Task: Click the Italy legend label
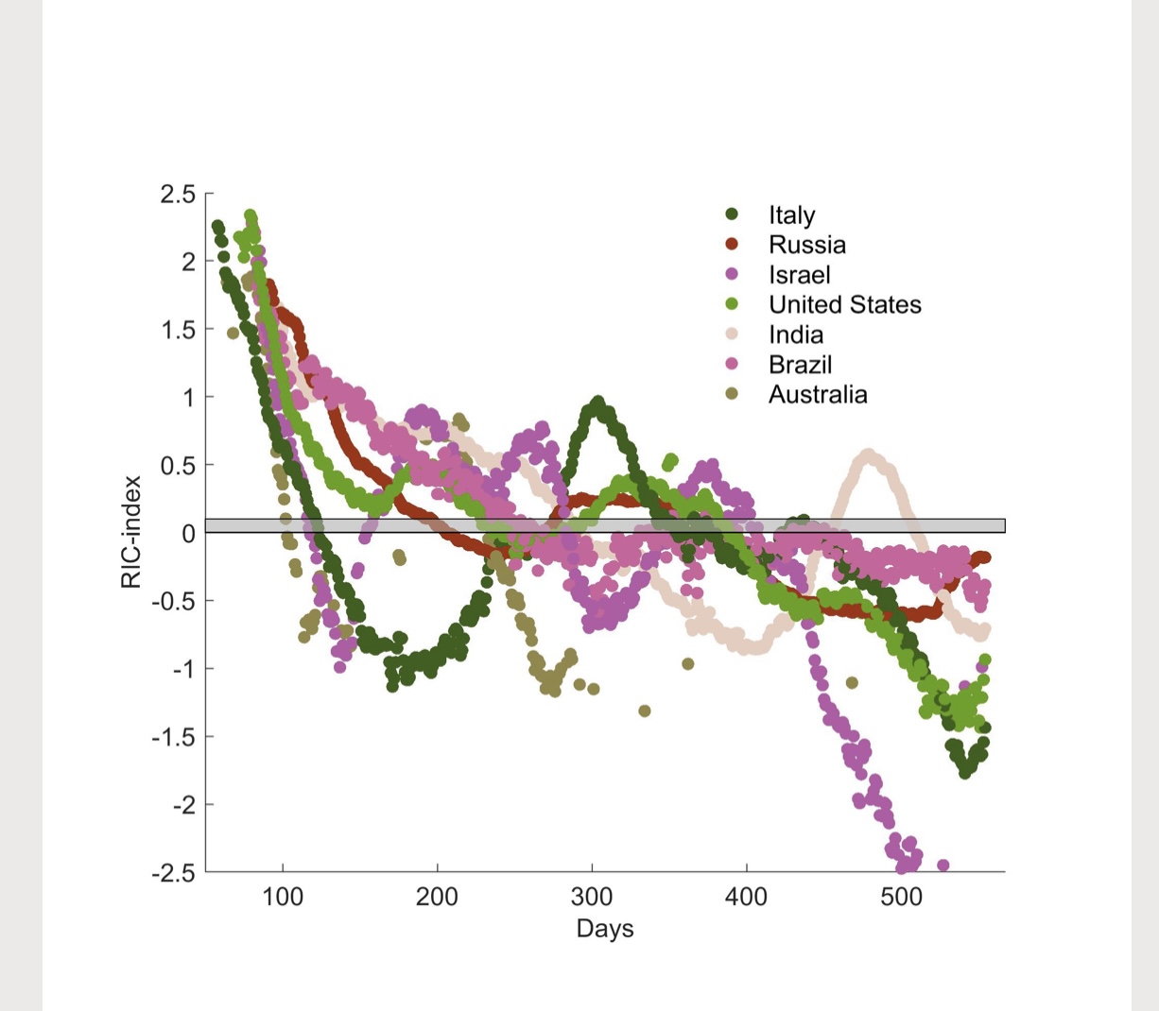click(791, 215)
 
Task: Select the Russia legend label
click(806, 245)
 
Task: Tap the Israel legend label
click(799, 275)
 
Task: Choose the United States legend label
click(844, 304)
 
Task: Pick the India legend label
click(795, 334)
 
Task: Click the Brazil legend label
click(800, 365)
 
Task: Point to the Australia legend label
click(817, 394)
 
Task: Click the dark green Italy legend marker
click(731, 214)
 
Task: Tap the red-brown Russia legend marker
click(731, 245)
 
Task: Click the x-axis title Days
click(605, 929)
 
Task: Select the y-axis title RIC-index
click(131, 532)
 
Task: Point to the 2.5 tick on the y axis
click(178, 195)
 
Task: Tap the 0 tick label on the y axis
click(188, 533)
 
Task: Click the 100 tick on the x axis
click(282, 896)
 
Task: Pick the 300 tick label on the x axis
click(592, 896)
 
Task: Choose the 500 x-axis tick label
click(901, 896)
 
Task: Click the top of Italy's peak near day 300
click(597, 403)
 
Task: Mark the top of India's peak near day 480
click(868, 455)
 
